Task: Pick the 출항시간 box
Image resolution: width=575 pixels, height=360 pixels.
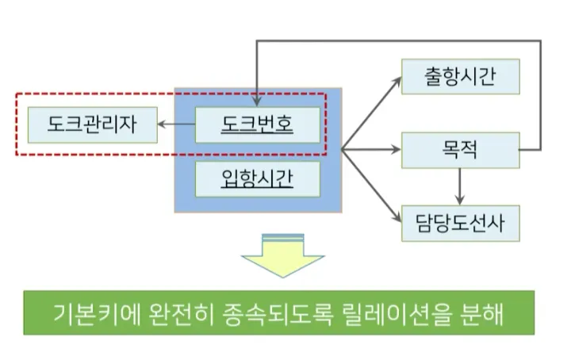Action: (x=460, y=78)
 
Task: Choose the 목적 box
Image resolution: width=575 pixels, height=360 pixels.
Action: (x=460, y=147)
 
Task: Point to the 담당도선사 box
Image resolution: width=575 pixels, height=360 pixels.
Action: (x=460, y=222)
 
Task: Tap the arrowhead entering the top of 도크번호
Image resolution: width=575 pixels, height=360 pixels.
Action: (x=255, y=101)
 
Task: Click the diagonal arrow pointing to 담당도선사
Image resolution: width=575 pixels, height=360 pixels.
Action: (x=373, y=187)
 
